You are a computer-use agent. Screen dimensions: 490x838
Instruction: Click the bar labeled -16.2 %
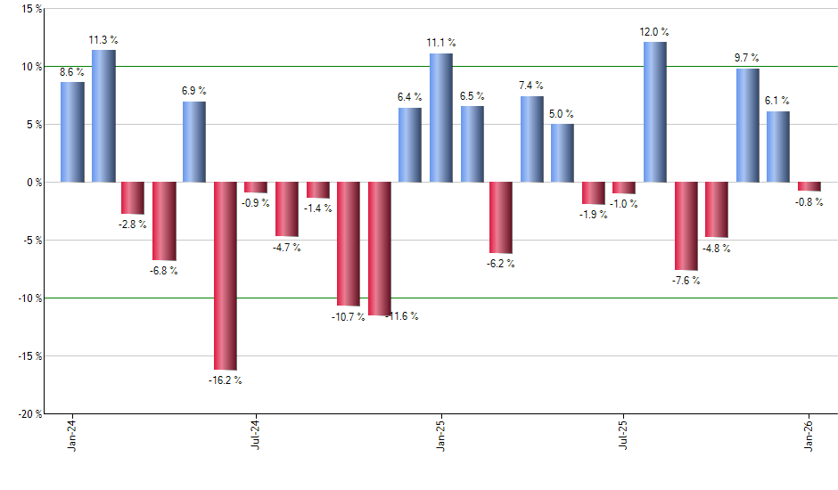[x=225, y=275]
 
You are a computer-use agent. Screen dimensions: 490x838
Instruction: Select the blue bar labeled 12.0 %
[x=655, y=111]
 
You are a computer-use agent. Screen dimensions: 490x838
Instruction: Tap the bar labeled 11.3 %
[x=103, y=116]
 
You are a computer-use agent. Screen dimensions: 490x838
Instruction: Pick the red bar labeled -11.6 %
[x=380, y=249]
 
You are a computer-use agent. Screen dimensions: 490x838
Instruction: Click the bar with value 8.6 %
[x=72, y=132]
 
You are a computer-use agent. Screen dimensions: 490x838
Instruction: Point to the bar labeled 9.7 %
[x=747, y=125]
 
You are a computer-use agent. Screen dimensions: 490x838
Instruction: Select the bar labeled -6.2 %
[x=501, y=217]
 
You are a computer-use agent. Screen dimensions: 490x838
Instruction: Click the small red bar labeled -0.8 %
[x=809, y=186]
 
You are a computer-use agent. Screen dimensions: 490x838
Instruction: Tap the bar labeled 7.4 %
[x=531, y=139]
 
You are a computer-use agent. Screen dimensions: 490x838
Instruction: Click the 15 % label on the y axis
[x=30, y=9]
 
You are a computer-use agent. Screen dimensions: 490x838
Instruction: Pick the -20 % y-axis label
[x=28, y=414]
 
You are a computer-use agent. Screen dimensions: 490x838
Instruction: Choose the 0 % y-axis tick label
[x=33, y=183]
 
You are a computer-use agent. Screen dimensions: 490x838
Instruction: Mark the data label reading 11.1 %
[x=440, y=43]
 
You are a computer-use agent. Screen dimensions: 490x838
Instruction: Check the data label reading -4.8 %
[x=716, y=249]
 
